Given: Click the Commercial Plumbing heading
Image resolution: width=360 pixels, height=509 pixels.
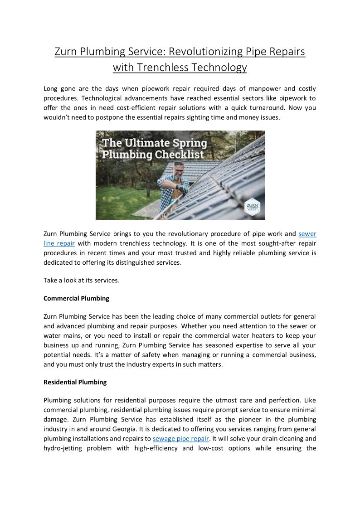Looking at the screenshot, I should [x=76, y=298].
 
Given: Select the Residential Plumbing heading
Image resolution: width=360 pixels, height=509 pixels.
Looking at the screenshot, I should [x=75, y=382].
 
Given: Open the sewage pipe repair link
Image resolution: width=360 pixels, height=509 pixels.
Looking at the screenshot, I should [x=181, y=439].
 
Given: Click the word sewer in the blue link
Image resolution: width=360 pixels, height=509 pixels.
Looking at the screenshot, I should [x=307, y=234].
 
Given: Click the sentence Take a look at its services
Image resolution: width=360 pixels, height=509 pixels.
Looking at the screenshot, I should [x=81, y=280].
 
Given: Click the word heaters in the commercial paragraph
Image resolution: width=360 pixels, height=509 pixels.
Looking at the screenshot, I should [x=260, y=335].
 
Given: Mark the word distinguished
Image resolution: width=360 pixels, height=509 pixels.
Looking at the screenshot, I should [x=140, y=262].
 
